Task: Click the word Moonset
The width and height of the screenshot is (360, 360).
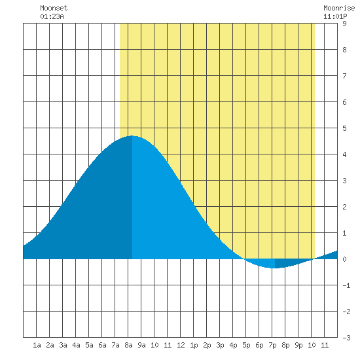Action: point(54,8)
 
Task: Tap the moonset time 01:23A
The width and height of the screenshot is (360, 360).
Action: point(52,16)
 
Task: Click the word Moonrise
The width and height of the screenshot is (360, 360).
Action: point(339,8)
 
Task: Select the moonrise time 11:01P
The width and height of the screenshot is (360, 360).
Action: point(335,16)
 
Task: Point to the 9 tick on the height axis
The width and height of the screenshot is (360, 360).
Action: point(344,24)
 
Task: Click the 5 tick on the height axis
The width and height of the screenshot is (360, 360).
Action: point(344,128)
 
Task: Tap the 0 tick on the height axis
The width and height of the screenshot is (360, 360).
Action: point(344,259)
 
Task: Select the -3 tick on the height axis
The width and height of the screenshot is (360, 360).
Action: point(346,338)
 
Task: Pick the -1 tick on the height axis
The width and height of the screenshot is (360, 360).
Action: point(346,285)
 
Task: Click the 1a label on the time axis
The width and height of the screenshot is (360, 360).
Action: point(37,345)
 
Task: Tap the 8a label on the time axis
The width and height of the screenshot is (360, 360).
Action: point(128,345)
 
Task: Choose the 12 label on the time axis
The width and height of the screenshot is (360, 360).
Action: point(181,345)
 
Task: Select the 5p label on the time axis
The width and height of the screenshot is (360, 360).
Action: point(246,345)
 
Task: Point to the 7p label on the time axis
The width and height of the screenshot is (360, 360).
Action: point(272,345)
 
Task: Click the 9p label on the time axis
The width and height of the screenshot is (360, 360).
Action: point(298,345)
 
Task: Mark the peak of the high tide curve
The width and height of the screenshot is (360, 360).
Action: point(132,135)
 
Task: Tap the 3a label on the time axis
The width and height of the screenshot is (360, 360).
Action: point(63,345)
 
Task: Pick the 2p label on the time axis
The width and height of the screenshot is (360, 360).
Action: point(207,345)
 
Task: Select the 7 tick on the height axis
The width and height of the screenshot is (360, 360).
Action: point(344,76)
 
